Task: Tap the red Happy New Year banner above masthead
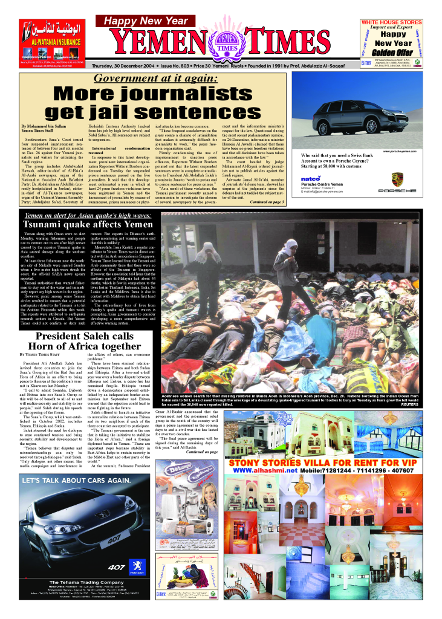[150, 21]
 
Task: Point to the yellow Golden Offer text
[395, 53]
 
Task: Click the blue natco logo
[310, 178]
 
